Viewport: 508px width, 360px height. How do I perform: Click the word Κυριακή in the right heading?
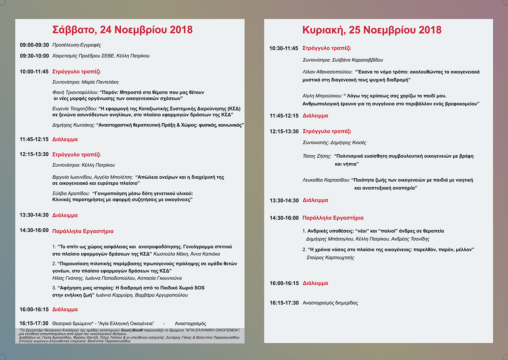coord(320,30)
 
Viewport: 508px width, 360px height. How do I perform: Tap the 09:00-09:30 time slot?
coord(34,45)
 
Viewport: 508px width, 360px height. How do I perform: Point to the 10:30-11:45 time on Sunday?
coord(284,48)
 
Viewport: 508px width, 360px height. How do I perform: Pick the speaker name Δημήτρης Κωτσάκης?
coord(73,125)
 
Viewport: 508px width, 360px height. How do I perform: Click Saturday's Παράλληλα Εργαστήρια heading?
coord(83,231)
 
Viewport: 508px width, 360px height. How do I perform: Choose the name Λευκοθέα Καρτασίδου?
coord(326,180)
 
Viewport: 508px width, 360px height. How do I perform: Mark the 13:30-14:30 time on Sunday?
coord(284,201)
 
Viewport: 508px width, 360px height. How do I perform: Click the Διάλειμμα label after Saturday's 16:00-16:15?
coord(65,309)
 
